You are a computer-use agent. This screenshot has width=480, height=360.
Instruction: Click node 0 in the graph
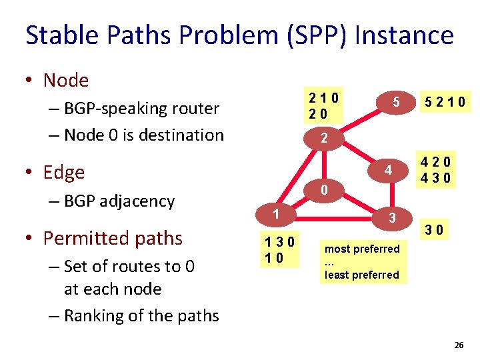[323, 191]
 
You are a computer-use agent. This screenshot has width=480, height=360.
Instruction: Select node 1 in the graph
[274, 214]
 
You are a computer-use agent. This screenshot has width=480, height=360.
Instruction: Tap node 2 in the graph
[323, 139]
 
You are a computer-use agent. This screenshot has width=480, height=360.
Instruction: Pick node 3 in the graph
[393, 218]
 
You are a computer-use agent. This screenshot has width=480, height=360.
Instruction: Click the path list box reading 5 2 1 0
[444, 103]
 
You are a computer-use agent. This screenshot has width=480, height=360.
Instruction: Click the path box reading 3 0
[436, 231]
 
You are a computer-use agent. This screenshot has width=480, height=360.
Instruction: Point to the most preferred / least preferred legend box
[362, 262]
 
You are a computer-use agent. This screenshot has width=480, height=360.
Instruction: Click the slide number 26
[458, 345]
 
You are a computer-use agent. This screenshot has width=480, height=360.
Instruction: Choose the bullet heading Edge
[64, 172]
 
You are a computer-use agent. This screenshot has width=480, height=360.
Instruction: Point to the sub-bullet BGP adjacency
[119, 201]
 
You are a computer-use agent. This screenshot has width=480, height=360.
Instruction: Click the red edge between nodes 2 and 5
[360, 120]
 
